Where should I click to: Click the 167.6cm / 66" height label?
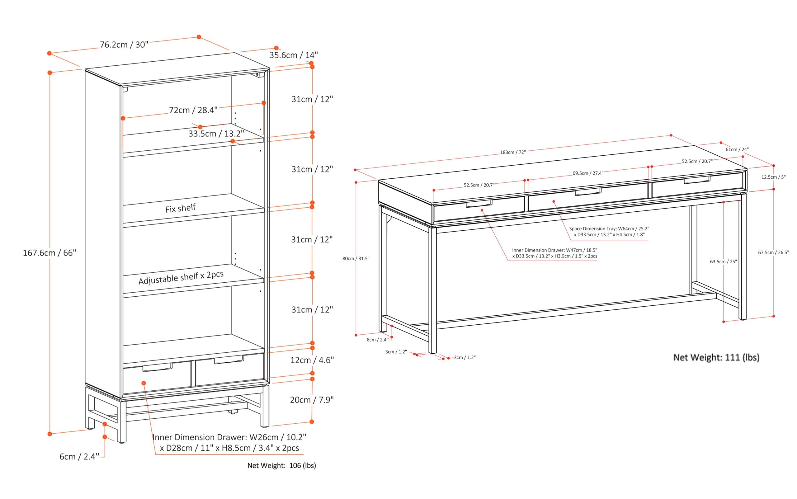point(50,253)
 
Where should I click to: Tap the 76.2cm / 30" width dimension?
point(124,45)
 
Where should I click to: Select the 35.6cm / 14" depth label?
point(293,55)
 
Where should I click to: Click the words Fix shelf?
point(180,208)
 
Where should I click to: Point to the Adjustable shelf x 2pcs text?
point(181,278)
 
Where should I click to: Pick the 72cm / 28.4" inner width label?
point(193,110)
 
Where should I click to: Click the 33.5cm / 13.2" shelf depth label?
point(216,134)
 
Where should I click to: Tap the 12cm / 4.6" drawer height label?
point(312,360)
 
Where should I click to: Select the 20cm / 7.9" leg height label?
point(312,400)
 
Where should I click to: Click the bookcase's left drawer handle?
point(157,367)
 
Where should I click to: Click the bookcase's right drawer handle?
point(229,360)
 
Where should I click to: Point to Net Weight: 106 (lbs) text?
point(281,465)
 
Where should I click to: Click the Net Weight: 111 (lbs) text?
point(716,357)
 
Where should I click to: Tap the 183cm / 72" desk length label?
point(512,152)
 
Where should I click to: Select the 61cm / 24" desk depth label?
point(737,149)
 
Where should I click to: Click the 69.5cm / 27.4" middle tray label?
point(588,173)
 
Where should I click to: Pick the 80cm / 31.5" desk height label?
point(356,258)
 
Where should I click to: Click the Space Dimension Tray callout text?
point(609,231)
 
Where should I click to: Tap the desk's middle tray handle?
point(588,192)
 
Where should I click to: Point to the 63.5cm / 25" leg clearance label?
point(723,261)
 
